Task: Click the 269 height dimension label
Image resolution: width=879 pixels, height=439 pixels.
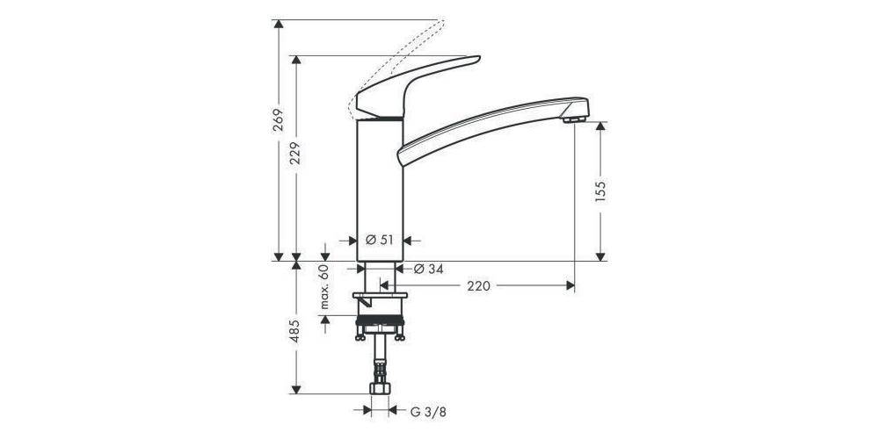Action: (x=277, y=121)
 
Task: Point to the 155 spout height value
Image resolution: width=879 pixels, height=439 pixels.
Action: (x=601, y=191)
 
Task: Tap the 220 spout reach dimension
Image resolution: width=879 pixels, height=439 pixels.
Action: (x=478, y=285)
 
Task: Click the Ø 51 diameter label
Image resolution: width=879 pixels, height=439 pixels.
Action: (x=379, y=239)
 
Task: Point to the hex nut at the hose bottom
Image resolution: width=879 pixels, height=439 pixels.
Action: (x=380, y=388)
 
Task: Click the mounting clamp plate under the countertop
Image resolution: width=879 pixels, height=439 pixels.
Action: (x=380, y=301)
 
